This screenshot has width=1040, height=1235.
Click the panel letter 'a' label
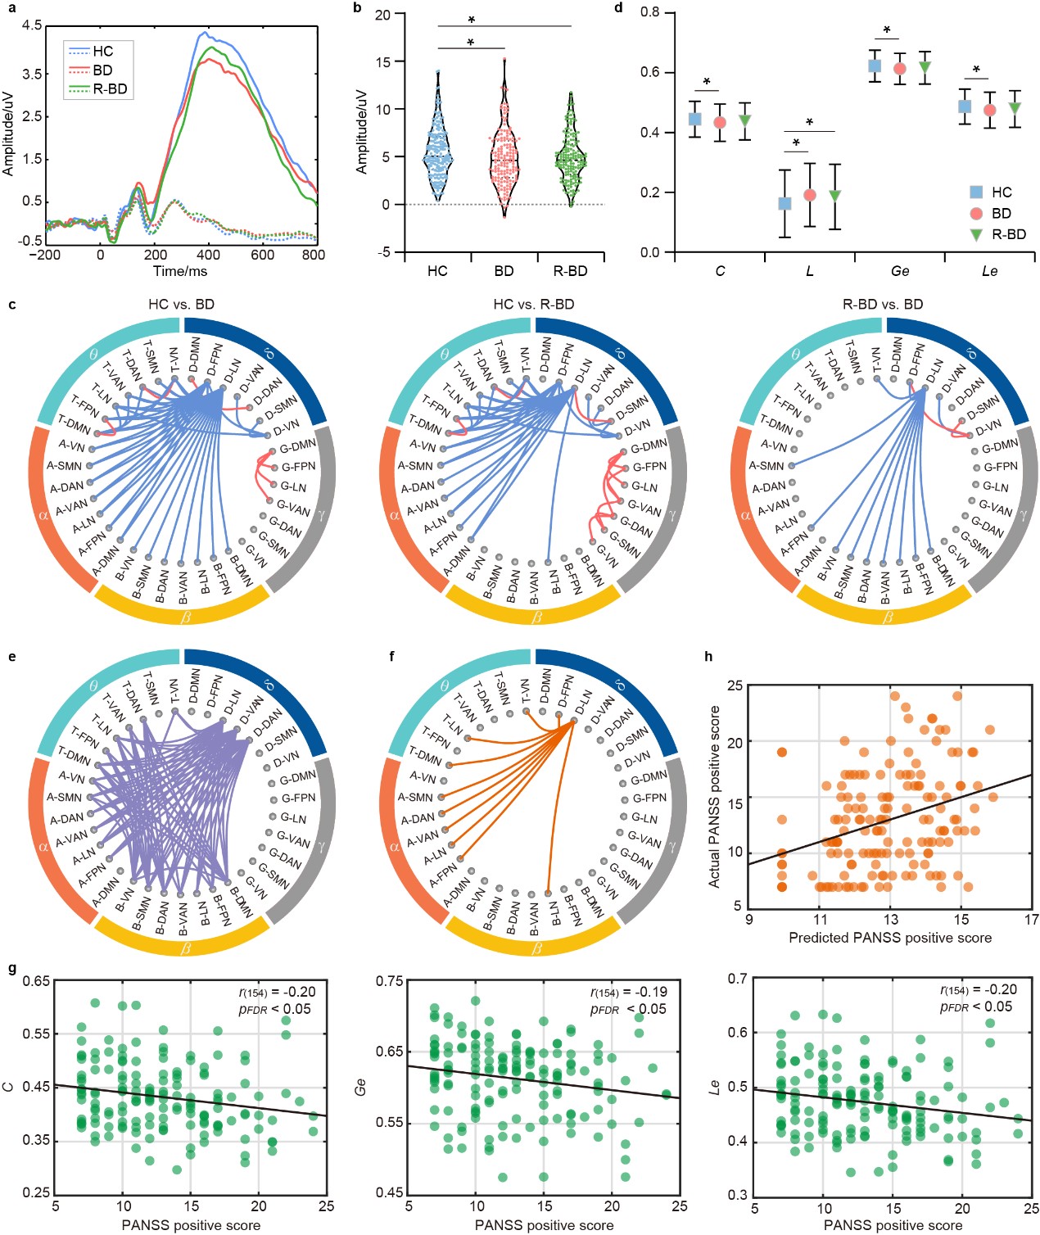pos(11,8)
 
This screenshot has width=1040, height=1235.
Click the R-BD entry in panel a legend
pos(110,89)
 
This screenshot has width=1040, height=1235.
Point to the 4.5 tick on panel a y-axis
pos(32,25)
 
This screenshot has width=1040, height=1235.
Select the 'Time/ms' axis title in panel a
pos(180,271)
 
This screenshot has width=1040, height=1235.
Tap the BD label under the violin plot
pos(504,271)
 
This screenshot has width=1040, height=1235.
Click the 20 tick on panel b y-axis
pos(382,15)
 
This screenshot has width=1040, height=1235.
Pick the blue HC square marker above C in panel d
pos(694,119)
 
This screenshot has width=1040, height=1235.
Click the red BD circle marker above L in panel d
pos(810,195)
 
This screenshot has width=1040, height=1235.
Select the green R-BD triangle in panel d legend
pos(976,234)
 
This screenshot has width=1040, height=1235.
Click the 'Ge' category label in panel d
pos(899,271)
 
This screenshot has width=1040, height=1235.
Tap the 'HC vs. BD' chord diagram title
pos(181,305)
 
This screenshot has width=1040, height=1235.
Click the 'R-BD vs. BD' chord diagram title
pos(883,305)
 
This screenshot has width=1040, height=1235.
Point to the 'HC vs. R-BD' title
pos(533,305)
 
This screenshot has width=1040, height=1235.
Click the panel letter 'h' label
pos(708,657)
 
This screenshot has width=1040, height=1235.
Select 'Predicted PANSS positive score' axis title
pos(890,938)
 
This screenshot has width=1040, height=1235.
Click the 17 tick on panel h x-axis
pos(1031,920)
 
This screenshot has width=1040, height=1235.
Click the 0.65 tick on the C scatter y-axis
pos(36,980)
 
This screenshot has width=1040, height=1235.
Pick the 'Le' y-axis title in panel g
pos(715,1087)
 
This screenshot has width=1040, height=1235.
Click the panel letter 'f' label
pos(392,657)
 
